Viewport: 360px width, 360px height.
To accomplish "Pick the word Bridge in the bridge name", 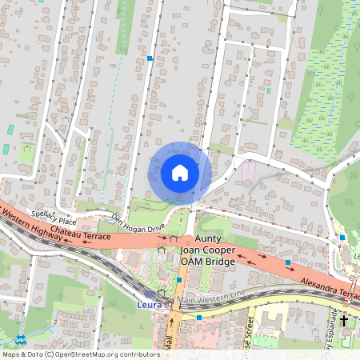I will (x=220, y=262).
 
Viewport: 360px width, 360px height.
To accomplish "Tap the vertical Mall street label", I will (x=170, y=340).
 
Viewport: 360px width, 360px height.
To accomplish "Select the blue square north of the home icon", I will (x=150, y=58).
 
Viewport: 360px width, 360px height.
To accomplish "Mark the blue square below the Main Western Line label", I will (x=198, y=318).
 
